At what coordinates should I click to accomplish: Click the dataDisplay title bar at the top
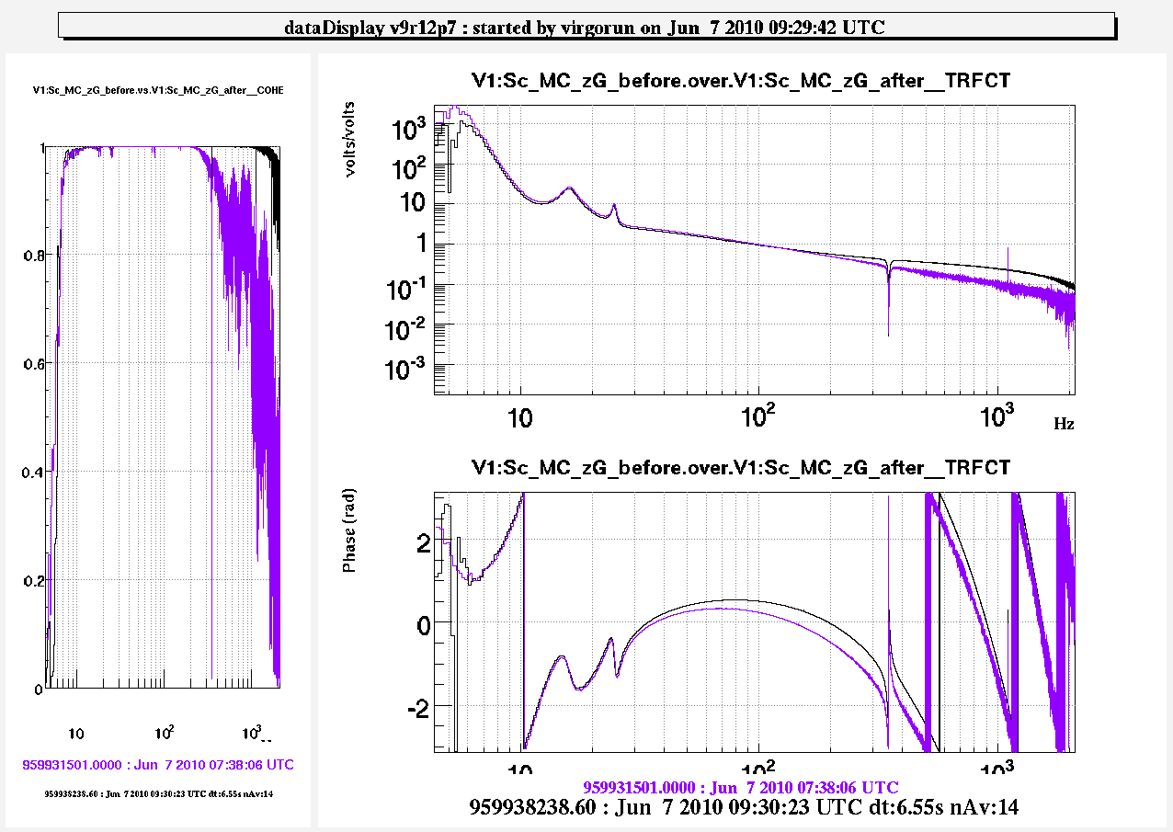click(x=586, y=27)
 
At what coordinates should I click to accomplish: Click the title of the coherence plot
click(x=158, y=91)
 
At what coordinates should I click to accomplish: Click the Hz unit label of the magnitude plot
click(x=1064, y=424)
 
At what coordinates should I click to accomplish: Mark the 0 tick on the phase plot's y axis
click(x=422, y=624)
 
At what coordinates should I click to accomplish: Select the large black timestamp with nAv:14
click(x=744, y=807)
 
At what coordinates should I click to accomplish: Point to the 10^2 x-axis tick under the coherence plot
click(x=166, y=734)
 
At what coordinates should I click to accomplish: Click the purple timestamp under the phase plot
click(x=741, y=788)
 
